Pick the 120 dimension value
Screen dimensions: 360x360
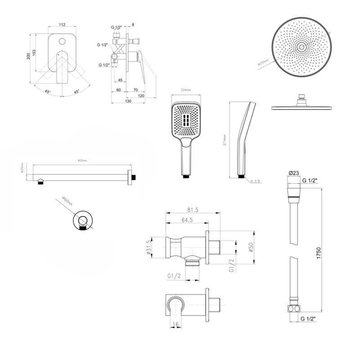[x=141, y=96]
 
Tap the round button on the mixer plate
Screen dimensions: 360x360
[x=62, y=42]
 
